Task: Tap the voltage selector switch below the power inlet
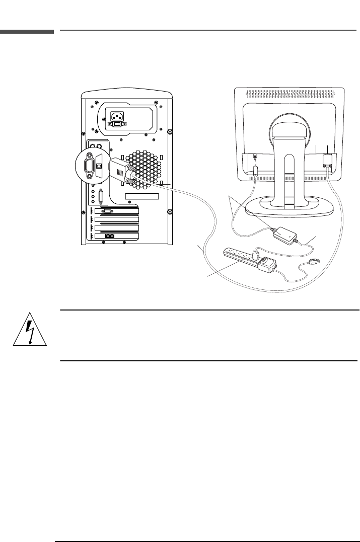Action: (x=117, y=124)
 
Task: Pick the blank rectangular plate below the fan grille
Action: (x=142, y=196)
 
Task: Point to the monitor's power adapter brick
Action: (x=284, y=235)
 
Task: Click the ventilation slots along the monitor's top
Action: (x=290, y=94)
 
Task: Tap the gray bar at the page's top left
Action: (x=27, y=32)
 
